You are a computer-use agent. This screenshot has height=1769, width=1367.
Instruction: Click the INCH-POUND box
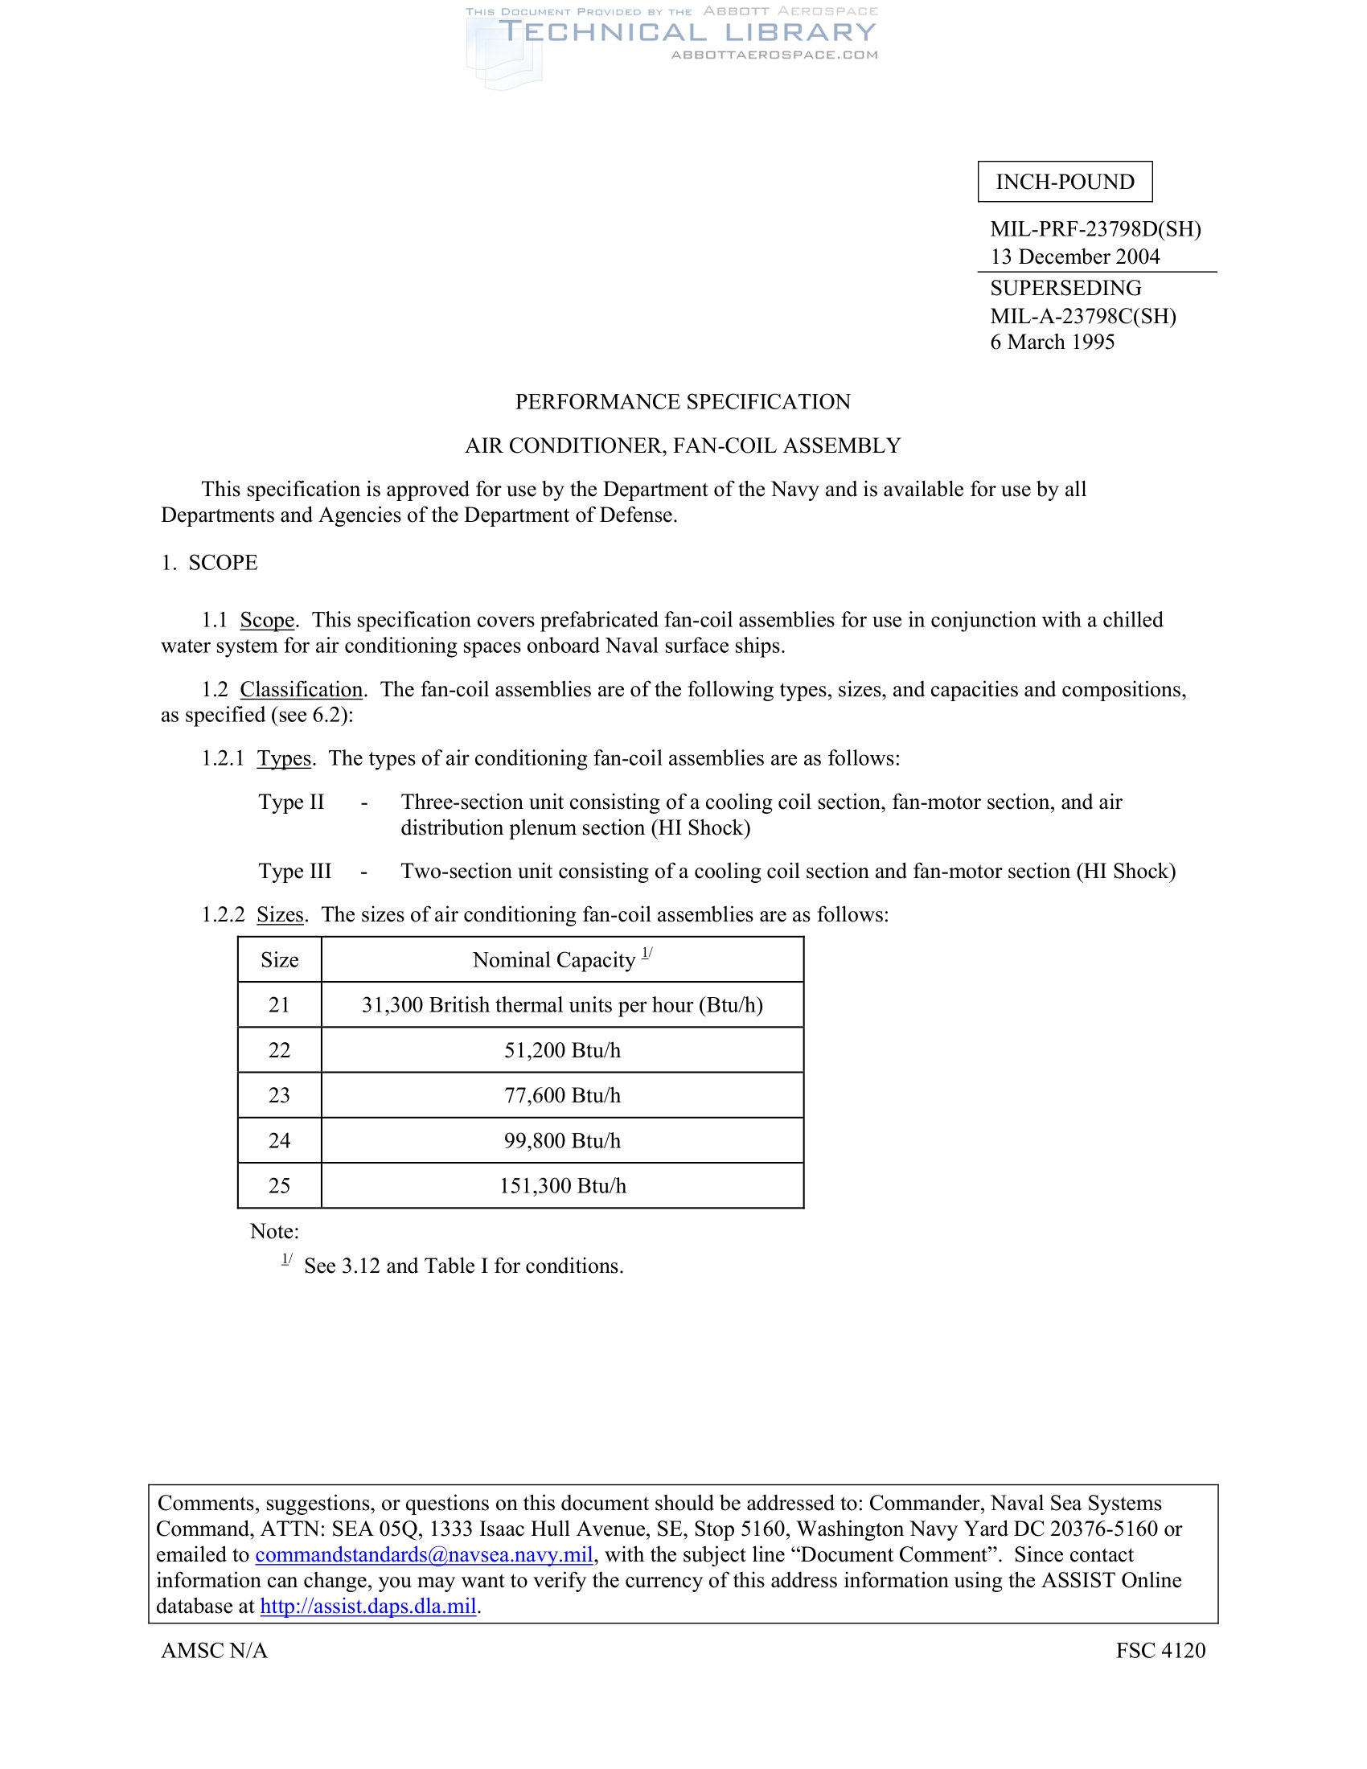click(1064, 182)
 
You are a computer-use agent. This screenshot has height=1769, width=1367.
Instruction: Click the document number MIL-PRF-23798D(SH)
click(1095, 229)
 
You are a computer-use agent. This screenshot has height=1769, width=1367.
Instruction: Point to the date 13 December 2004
click(1074, 257)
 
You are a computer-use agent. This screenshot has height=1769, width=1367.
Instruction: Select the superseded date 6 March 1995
click(1052, 342)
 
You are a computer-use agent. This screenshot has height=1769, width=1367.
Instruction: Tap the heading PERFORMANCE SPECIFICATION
click(683, 402)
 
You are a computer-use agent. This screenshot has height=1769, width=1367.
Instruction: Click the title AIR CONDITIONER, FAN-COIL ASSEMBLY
click(683, 445)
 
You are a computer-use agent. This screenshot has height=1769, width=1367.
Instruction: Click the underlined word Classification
click(302, 689)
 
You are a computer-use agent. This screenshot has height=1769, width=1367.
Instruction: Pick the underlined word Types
click(284, 758)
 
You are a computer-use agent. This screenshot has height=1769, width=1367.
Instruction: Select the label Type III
click(295, 871)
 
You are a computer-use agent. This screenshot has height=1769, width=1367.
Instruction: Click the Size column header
click(279, 960)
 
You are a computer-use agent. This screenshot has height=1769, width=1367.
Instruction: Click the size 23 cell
click(279, 1095)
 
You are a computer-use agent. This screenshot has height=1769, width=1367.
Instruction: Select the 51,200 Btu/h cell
click(562, 1051)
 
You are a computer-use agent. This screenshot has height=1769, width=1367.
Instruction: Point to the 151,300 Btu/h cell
click(562, 1186)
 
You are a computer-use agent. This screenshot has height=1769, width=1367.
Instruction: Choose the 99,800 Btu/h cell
click(562, 1140)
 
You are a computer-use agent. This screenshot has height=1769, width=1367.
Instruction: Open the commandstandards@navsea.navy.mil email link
click(425, 1554)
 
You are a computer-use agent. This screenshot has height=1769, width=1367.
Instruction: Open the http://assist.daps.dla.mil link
click(367, 1607)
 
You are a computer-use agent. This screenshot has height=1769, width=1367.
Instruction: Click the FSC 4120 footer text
click(1160, 1650)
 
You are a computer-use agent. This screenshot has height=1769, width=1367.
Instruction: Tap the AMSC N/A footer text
click(214, 1650)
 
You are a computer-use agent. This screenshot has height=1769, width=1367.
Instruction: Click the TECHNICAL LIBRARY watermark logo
click(687, 32)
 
